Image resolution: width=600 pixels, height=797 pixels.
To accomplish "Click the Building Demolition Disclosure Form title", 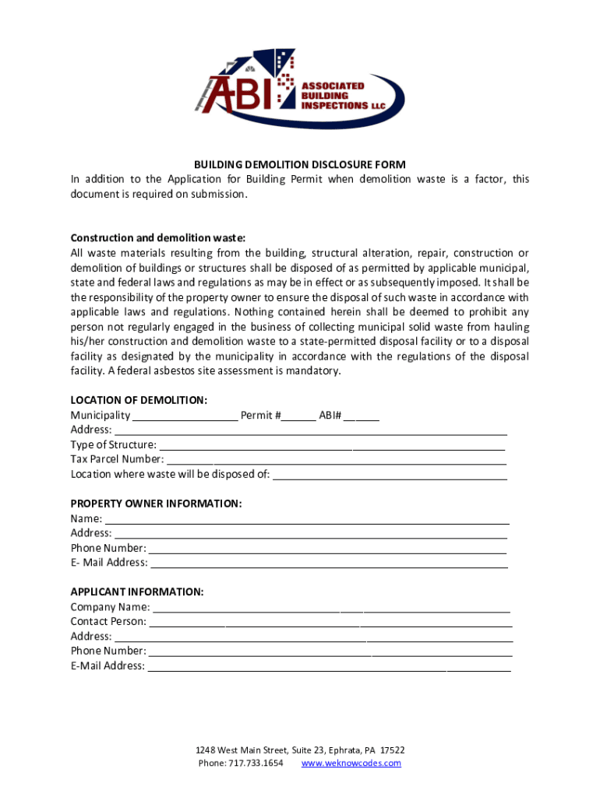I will (300, 164).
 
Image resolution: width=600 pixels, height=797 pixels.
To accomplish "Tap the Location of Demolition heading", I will (139, 400).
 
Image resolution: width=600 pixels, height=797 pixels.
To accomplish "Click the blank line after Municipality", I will (185, 416).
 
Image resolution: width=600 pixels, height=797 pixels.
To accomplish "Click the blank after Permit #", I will (299, 416).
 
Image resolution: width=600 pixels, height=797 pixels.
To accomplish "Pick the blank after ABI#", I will (362, 416).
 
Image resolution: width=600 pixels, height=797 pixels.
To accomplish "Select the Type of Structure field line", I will (331, 446).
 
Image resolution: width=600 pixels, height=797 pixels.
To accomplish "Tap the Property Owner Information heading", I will (156, 504).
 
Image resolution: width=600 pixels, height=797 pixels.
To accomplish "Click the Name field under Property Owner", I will (307, 520).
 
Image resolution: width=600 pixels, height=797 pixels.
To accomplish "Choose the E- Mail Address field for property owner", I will (328, 564).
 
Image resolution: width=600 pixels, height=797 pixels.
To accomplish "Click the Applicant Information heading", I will (137, 592).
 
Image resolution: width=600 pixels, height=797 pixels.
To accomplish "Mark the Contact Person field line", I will (330, 623).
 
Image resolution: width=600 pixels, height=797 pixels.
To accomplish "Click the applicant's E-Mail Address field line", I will (329, 667).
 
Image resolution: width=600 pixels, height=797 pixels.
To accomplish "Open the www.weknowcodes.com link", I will (351, 764).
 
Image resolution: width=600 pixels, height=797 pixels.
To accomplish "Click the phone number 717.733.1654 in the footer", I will (256, 764).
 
